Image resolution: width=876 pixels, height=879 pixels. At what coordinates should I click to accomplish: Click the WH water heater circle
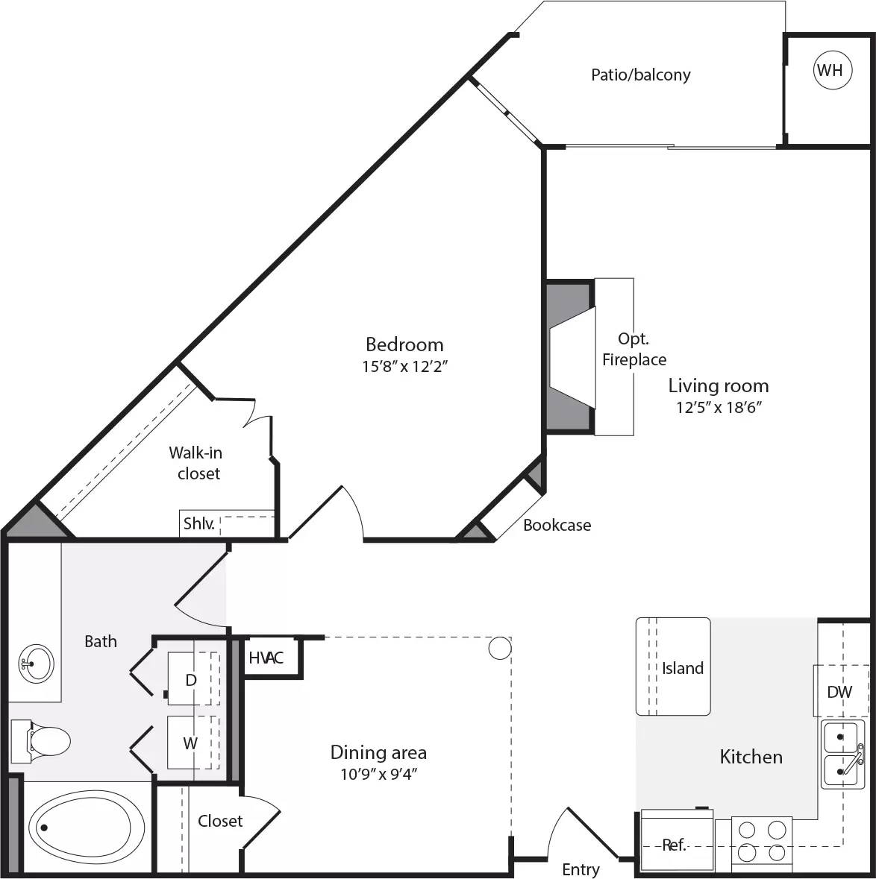(830, 70)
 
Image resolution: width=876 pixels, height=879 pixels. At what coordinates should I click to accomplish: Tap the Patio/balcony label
(640, 75)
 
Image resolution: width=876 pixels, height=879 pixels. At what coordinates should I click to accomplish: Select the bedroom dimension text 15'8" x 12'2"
(404, 366)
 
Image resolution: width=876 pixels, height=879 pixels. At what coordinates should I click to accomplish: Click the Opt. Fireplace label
(633, 350)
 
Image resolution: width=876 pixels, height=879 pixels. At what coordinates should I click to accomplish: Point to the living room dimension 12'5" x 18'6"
(717, 407)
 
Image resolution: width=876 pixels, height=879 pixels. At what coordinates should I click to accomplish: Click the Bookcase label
(557, 525)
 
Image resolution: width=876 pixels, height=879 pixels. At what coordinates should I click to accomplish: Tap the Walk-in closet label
(195, 463)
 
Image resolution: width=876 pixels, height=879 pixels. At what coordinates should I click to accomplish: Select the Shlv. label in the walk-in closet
(198, 524)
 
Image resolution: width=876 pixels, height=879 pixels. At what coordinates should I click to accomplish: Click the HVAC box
(266, 658)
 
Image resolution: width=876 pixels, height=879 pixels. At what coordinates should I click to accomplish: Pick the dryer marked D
(191, 679)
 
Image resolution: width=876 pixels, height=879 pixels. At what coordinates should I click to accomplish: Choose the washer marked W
(191, 743)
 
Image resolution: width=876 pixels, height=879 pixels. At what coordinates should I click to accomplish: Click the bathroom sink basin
(36, 662)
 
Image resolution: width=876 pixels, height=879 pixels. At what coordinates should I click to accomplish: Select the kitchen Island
(673, 667)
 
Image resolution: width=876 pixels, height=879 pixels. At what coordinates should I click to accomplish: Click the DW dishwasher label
(839, 691)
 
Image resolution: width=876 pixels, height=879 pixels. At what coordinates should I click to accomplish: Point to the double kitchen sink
(843, 753)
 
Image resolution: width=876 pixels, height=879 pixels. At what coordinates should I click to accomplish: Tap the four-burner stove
(761, 839)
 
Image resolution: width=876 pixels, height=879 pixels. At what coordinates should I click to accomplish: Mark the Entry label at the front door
(581, 869)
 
